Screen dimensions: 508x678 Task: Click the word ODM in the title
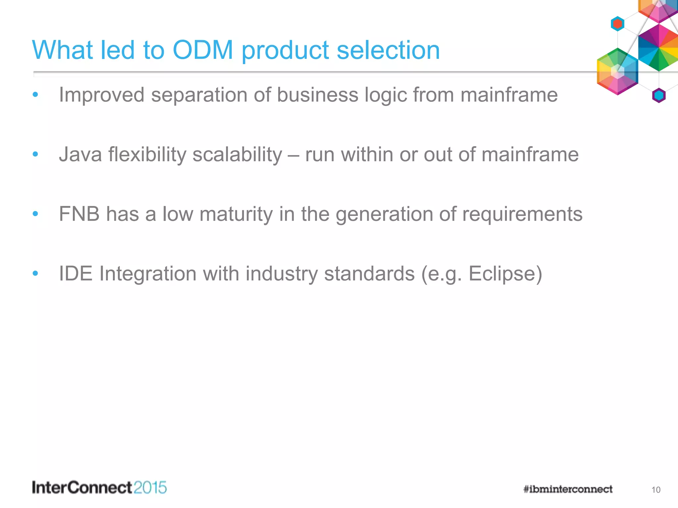[x=203, y=50]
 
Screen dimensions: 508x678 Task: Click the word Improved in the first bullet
[x=102, y=95]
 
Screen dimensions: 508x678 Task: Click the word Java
[x=80, y=154]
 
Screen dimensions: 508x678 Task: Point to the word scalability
[x=237, y=155]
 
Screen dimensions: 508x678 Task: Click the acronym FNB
[x=79, y=214]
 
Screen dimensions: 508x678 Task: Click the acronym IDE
[x=75, y=274]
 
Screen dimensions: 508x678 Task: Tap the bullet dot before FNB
[x=35, y=214]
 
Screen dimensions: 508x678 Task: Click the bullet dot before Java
[x=35, y=154]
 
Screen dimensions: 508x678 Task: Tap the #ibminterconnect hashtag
[x=568, y=489]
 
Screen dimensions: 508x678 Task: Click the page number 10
[x=655, y=490]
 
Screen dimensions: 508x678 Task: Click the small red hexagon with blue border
[x=617, y=24]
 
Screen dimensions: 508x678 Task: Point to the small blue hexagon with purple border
[x=658, y=96]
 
